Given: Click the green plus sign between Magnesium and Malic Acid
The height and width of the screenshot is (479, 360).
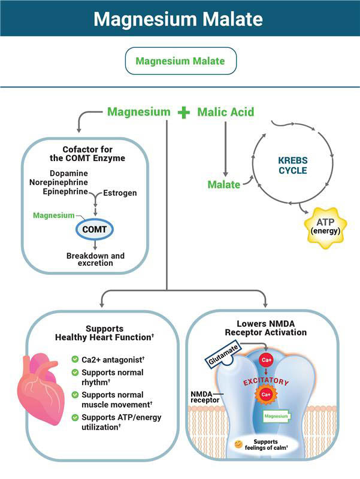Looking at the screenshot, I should [183, 112].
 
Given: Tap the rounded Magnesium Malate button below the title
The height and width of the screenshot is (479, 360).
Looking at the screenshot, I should [180, 61].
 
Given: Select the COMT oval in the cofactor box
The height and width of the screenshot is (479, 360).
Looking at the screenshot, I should [95, 229].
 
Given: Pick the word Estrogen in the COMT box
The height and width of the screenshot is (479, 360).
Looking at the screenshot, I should [120, 193].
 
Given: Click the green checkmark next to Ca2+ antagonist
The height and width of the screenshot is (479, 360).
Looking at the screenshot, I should [75, 359].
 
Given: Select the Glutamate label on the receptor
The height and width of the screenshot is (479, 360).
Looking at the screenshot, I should [220, 358].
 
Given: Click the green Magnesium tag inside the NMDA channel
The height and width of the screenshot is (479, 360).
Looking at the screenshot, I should [276, 415].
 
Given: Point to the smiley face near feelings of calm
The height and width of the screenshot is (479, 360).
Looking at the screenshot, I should [239, 444].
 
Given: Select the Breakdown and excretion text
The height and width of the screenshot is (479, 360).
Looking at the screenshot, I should [95, 259].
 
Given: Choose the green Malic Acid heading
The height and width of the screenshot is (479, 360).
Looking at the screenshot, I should [226, 112].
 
